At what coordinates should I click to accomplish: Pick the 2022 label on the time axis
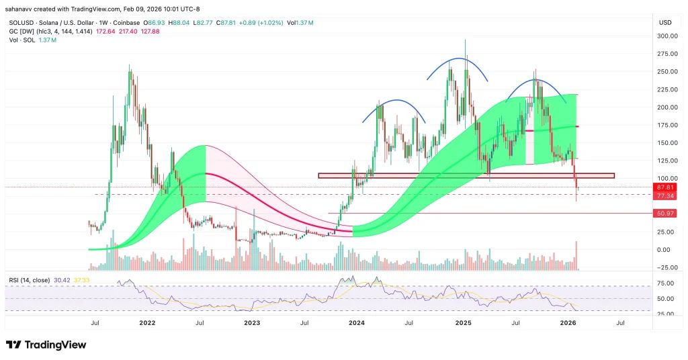tap(148, 323)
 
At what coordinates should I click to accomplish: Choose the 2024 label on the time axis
tap(356, 323)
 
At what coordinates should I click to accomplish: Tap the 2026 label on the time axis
tap(568, 323)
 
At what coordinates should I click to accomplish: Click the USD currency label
tap(665, 23)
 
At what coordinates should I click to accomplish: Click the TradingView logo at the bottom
tap(46, 345)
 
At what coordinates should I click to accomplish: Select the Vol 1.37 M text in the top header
tap(300, 23)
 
